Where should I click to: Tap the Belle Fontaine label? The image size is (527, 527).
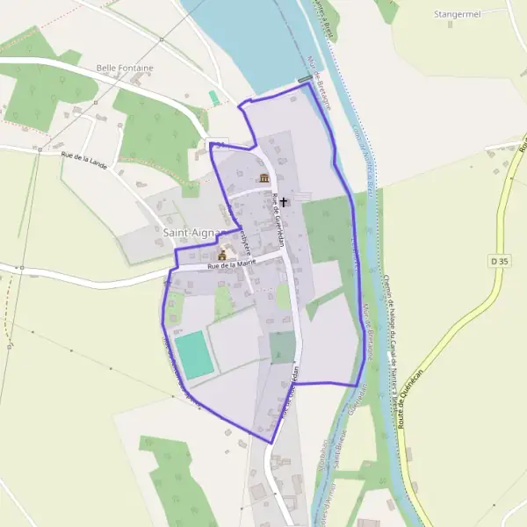125,68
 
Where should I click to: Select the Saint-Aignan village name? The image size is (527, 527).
192,233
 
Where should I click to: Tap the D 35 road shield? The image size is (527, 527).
500,261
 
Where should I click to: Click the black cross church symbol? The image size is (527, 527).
284,201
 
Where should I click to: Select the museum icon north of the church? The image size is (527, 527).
264,178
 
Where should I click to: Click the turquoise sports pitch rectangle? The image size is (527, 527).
194,354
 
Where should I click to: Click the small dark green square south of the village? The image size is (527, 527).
282,347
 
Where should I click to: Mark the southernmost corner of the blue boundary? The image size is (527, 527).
271,442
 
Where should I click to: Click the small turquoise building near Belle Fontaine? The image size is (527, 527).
213,97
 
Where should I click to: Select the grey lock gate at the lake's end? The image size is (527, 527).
305,80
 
